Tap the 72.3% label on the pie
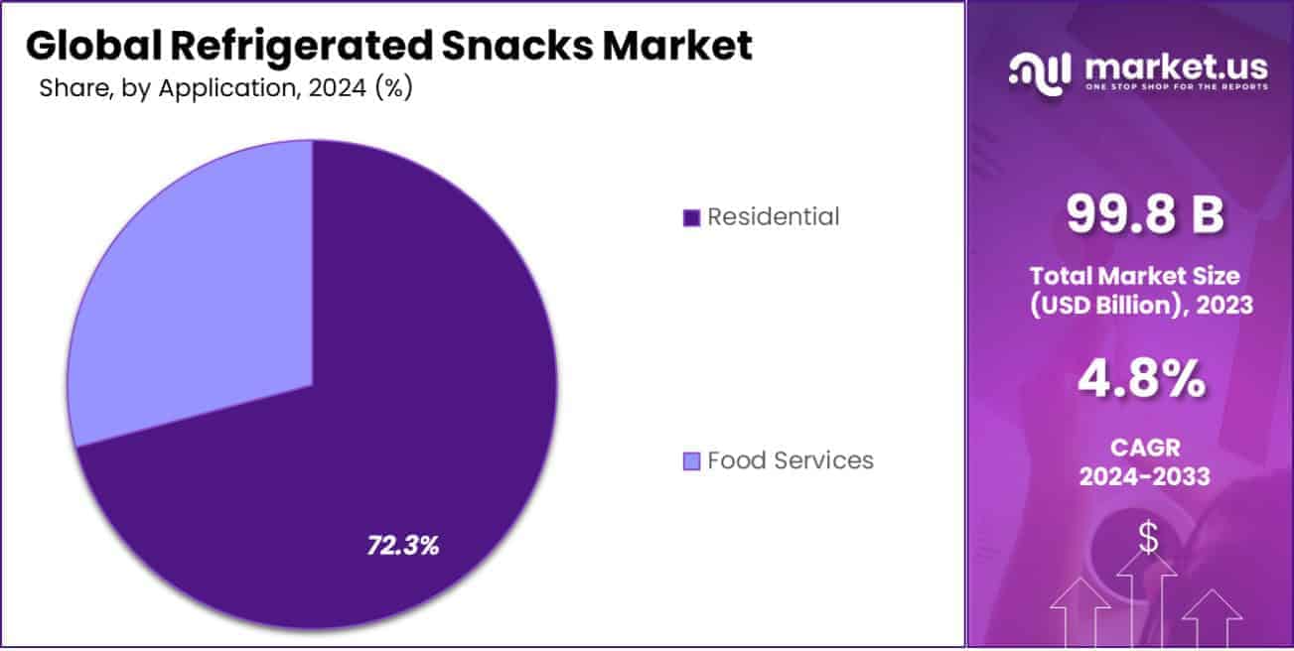pyautogui.click(x=403, y=545)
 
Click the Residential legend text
pyautogui.click(x=773, y=216)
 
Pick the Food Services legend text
pyautogui.click(x=790, y=460)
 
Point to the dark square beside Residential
pyautogui.click(x=692, y=217)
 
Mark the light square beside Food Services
pyautogui.click(x=692, y=461)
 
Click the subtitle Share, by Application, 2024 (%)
pyautogui.click(x=225, y=88)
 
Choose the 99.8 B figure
pyautogui.click(x=1145, y=215)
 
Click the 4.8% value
pyautogui.click(x=1145, y=380)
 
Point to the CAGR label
pyautogui.click(x=1145, y=448)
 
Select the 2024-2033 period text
pyautogui.click(x=1145, y=477)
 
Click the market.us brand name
pyautogui.click(x=1176, y=66)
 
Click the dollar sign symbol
pyautogui.click(x=1147, y=538)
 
